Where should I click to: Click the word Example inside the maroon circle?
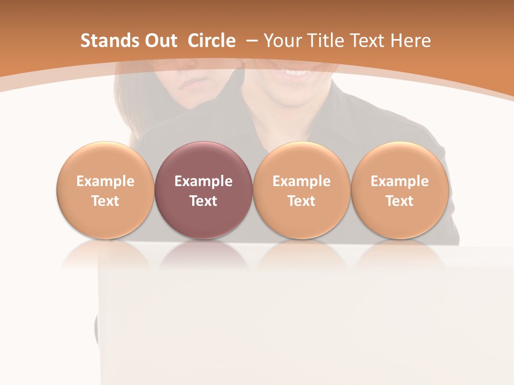click(x=203, y=181)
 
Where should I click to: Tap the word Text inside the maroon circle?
click(x=203, y=201)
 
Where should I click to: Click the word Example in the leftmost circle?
click(x=105, y=181)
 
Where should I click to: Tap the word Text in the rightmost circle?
click(x=399, y=201)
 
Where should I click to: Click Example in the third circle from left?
click(x=301, y=181)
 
